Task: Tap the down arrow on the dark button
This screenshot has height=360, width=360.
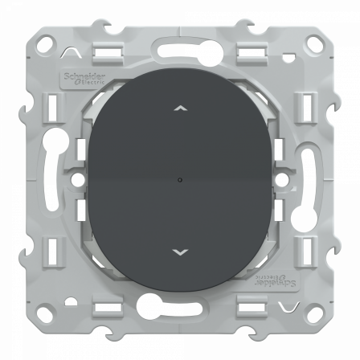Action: tap(180, 251)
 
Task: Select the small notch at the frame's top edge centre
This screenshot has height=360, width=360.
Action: tap(180, 31)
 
